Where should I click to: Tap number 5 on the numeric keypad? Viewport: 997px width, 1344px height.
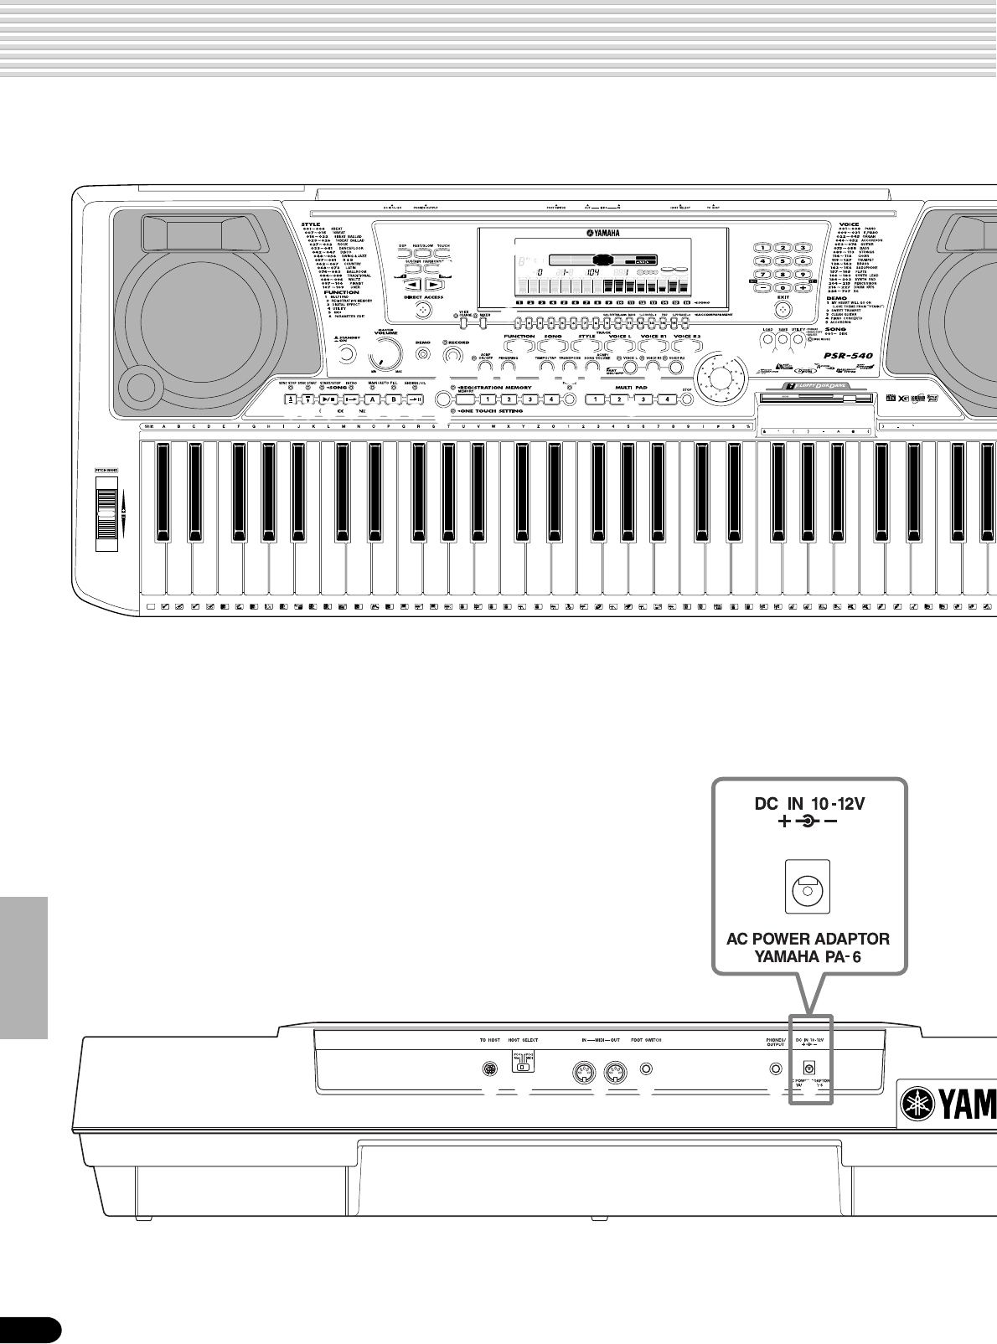tap(783, 260)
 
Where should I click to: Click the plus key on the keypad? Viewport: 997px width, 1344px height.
tap(802, 287)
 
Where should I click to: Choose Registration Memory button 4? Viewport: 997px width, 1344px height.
tap(551, 399)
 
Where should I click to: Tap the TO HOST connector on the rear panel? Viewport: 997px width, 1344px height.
tap(489, 1069)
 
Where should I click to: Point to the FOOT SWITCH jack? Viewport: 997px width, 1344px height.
tap(646, 1069)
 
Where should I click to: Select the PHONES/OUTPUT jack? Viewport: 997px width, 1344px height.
tap(776, 1069)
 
